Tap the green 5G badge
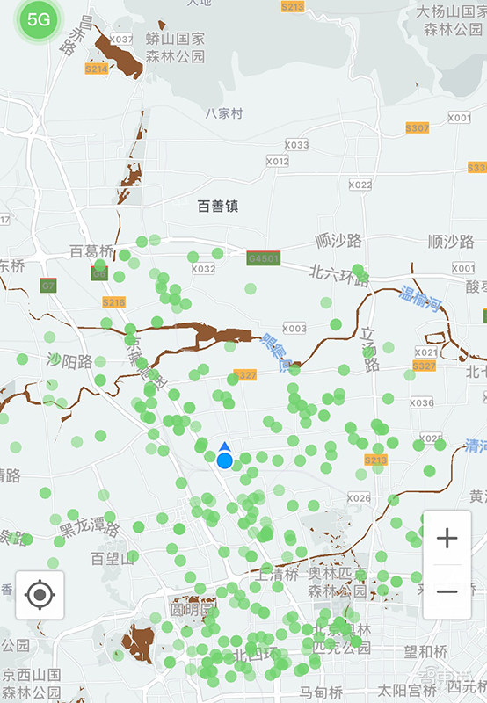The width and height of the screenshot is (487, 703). point(38,19)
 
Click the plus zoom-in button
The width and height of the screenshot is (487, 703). point(447,538)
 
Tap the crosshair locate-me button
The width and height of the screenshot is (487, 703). point(40,595)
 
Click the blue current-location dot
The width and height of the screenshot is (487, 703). point(225,460)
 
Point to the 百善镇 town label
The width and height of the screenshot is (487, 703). point(218,207)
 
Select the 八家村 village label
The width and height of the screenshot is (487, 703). point(223,113)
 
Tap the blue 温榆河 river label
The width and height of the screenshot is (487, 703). point(420,300)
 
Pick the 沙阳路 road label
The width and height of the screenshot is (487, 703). point(69,360)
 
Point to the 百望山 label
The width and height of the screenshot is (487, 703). point(113,558)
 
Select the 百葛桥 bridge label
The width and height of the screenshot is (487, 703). point(91,252)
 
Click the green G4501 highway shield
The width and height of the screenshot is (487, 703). point(263,258)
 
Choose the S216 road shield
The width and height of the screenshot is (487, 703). point(113,302)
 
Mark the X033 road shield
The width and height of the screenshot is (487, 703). point(296,145)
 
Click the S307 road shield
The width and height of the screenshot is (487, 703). point(418,127)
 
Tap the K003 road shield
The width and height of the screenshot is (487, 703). point(294,329)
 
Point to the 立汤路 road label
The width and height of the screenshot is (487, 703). point(367,344)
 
